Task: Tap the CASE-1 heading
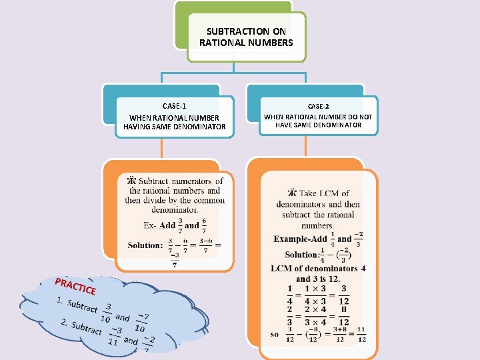(175, 106)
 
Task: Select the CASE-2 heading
(318, 106)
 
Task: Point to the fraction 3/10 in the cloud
(106, 313)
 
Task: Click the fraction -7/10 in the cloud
(141, 323)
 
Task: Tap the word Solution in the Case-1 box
(145, 245)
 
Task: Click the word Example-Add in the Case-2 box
(301, 239)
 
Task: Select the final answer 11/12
(361, 334)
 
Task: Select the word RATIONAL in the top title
(223, 43)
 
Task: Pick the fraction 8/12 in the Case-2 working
(343, 315)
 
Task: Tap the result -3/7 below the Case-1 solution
(175, 259)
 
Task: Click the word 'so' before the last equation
(275, 335)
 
